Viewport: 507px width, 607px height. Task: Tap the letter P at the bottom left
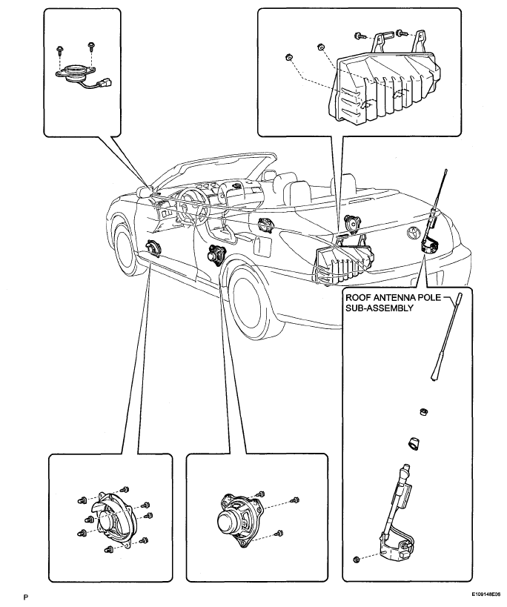tap(25, 597)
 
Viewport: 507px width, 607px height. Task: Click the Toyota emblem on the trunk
tap(413, 233)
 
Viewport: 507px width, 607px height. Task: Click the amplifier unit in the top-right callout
tap(384, 82)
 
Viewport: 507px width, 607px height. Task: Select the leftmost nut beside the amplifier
tap(288, 58)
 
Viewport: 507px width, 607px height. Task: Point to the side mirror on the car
tap(144, 192)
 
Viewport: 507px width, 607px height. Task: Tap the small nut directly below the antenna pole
tap(424, 411)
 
